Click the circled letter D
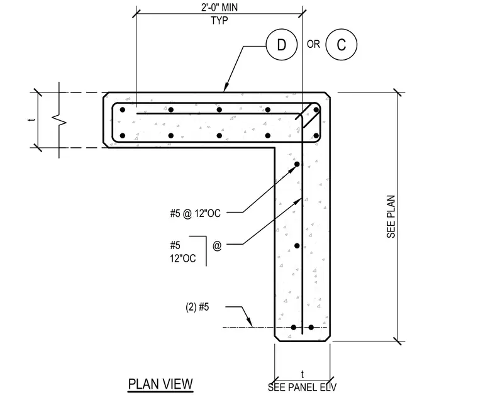[281, 45]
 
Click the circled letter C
[341, 45]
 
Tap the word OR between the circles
[313, 45]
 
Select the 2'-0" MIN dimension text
[219, 8]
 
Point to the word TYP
[219, 21]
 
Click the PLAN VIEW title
[160, 384]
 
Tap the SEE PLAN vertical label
[391, 217]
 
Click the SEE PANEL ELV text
[302, 387]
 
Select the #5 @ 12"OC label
[196, 213]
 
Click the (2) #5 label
[197, 307]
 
